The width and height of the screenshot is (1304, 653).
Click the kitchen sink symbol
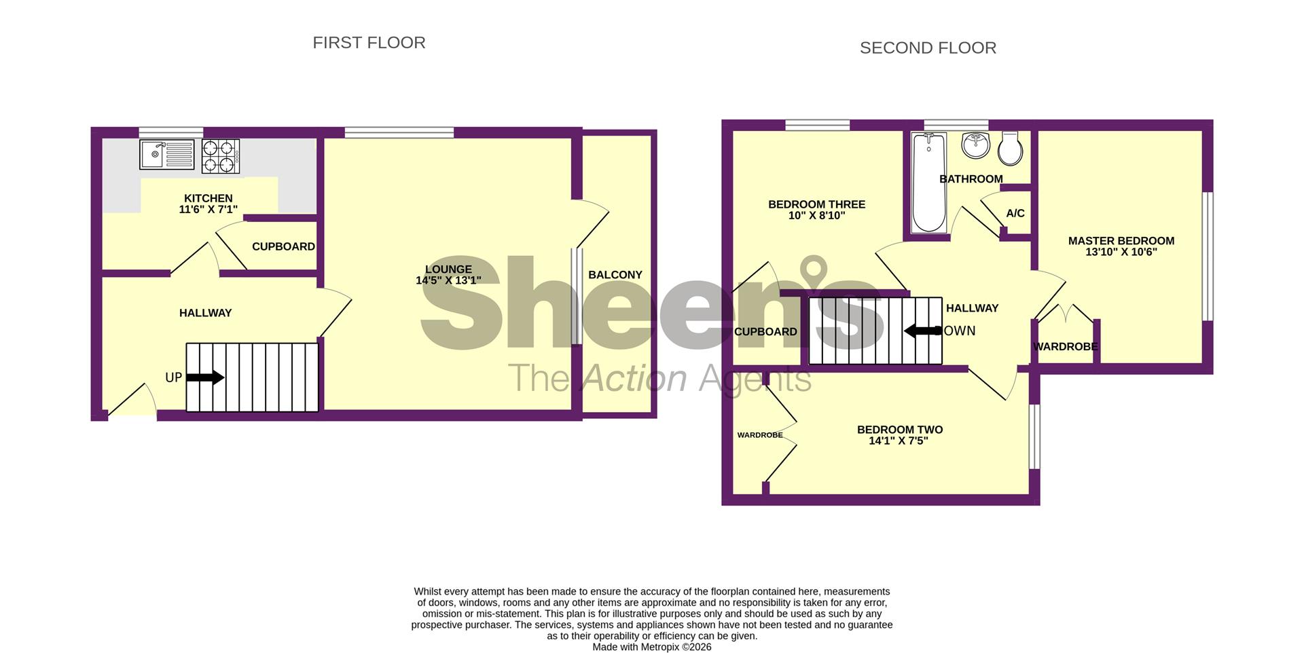tap(166, 154)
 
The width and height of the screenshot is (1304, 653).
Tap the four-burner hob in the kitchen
tap(221, 156)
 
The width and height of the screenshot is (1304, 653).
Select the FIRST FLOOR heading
tap(369, 43)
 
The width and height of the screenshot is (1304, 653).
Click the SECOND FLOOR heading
tap(928, 48)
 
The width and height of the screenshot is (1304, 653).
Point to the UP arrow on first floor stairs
tap(205, 377)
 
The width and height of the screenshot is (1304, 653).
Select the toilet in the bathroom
tap(1011, 149)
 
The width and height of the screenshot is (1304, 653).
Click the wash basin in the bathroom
tap(976, 145)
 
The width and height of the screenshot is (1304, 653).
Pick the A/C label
tap(1015, 213)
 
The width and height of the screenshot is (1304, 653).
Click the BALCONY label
tap(615, 275)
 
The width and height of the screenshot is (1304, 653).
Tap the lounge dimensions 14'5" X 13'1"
tap(448, 280)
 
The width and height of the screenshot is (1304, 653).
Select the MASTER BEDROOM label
tap(1121, 241)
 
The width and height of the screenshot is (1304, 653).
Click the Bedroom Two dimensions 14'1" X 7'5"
tap(898, 441)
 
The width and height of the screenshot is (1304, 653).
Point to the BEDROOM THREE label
tap(816, 204)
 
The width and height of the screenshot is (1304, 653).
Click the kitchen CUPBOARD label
tap(283, 246)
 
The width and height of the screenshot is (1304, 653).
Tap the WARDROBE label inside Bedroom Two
tap(760, 435)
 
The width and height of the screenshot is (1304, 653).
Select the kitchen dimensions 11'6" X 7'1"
tap(208, 210)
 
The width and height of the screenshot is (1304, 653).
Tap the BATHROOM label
tap(971, 179)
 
